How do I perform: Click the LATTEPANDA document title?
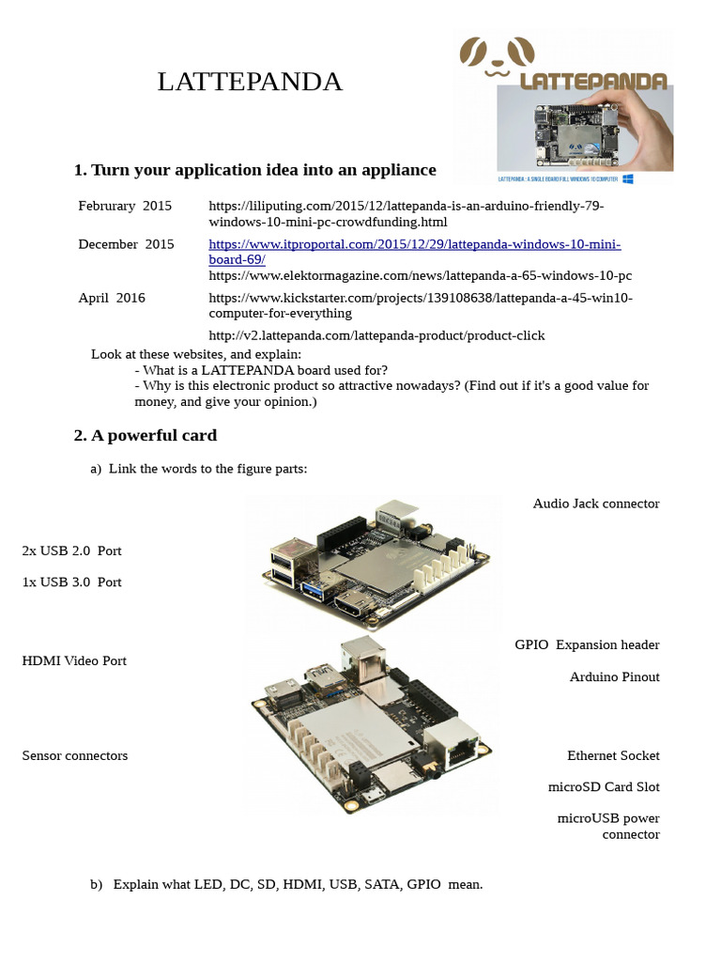click(250, 83)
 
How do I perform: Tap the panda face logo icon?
click(497, 57)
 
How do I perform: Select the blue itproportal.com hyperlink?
click(414, 252)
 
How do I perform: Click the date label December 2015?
click(126, 244)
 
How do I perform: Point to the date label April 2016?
click(112, 298)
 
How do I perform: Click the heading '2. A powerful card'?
click(146, 435)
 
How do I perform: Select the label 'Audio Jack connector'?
click(595, 504)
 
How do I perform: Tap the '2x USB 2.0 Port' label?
click(71, 551)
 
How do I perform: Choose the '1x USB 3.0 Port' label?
click(71, 582)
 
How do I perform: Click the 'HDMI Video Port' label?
click(74, 660)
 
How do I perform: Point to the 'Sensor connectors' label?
click(75, 755)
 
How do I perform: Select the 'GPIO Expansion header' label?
click(587, 644)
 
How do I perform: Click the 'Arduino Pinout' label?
click(614, 676)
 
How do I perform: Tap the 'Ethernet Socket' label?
click(613, 755)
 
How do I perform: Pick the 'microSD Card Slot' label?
click(604, 786)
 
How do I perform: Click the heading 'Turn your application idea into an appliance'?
click(254, 170)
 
